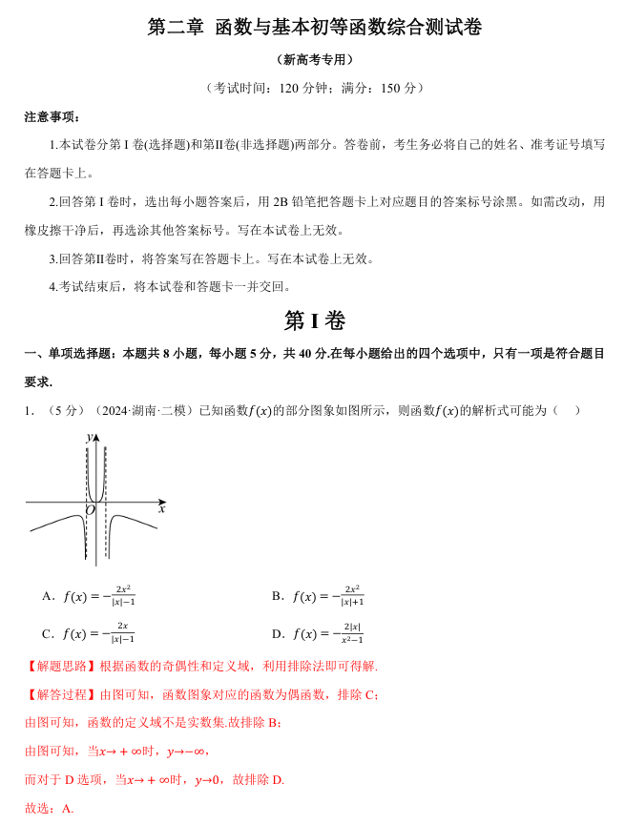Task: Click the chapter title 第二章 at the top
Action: tap(176, 28)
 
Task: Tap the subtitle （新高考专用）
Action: tap(313, 59)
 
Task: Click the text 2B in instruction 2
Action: tap(280, 202)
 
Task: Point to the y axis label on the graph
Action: tap(89, 436)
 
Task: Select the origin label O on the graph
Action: tap(89, 511)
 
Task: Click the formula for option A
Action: tap(99, 596)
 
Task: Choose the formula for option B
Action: tap(328, 596)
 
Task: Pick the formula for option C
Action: tap(99, 633)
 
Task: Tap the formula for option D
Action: tap(328, 633)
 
